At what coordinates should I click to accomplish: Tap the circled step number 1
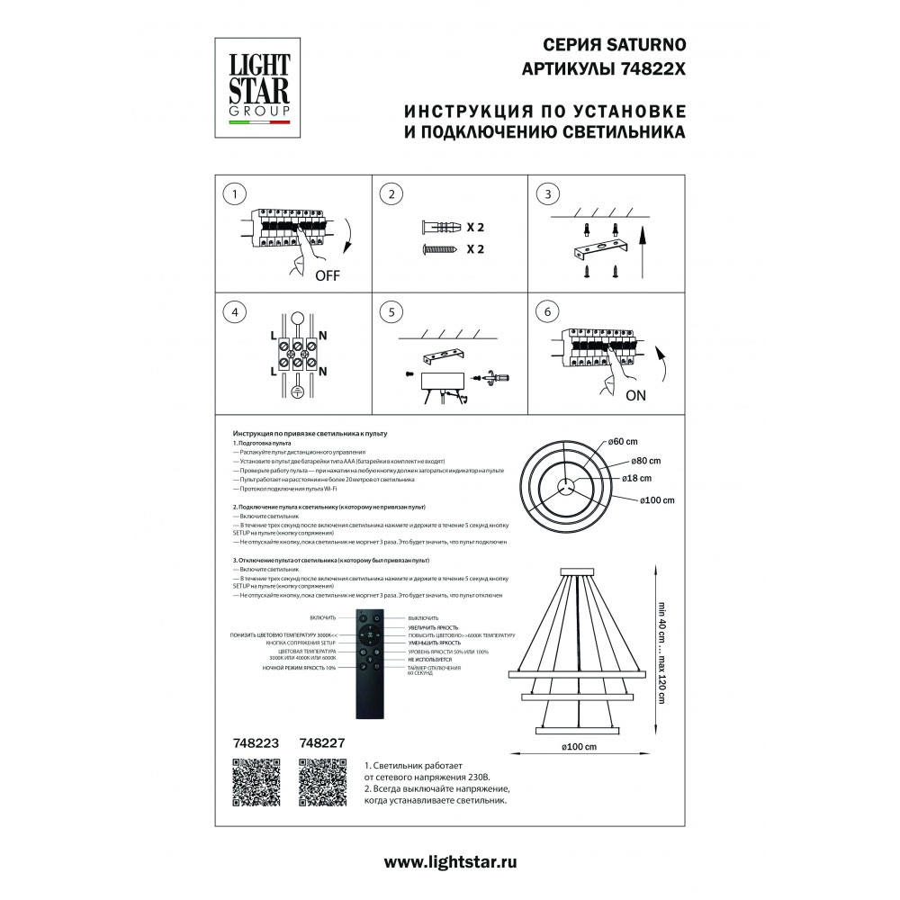click(235, 194)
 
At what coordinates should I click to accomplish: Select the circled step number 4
click(235, 312)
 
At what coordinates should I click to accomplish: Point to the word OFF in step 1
click(328, 276)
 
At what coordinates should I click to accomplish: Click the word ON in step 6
click(634, 394)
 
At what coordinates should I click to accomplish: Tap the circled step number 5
click(390, 312)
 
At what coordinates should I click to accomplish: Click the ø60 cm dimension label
click(623, 442)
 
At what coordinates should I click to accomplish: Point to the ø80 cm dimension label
click(645, 460)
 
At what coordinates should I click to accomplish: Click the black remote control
click(370, 663)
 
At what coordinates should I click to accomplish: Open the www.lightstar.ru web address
click(450, 861)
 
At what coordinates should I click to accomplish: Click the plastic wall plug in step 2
click(440, 227)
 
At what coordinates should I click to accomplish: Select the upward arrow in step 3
click(643, 252)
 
